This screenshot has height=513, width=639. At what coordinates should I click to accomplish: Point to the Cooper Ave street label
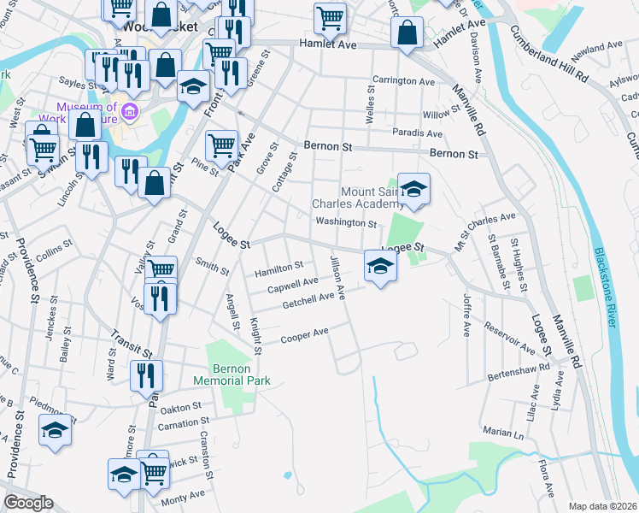[305, 334]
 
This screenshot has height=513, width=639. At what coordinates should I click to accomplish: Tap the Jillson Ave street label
[337, 277]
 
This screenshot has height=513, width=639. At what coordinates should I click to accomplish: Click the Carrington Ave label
[403, 81]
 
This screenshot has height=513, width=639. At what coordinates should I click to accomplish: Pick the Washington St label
[346, 223]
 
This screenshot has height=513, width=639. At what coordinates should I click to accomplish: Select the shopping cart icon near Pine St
[221, 144]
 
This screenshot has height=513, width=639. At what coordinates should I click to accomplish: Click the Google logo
[28, 503]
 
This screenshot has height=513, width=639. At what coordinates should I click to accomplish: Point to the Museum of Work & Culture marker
[130, 110]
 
